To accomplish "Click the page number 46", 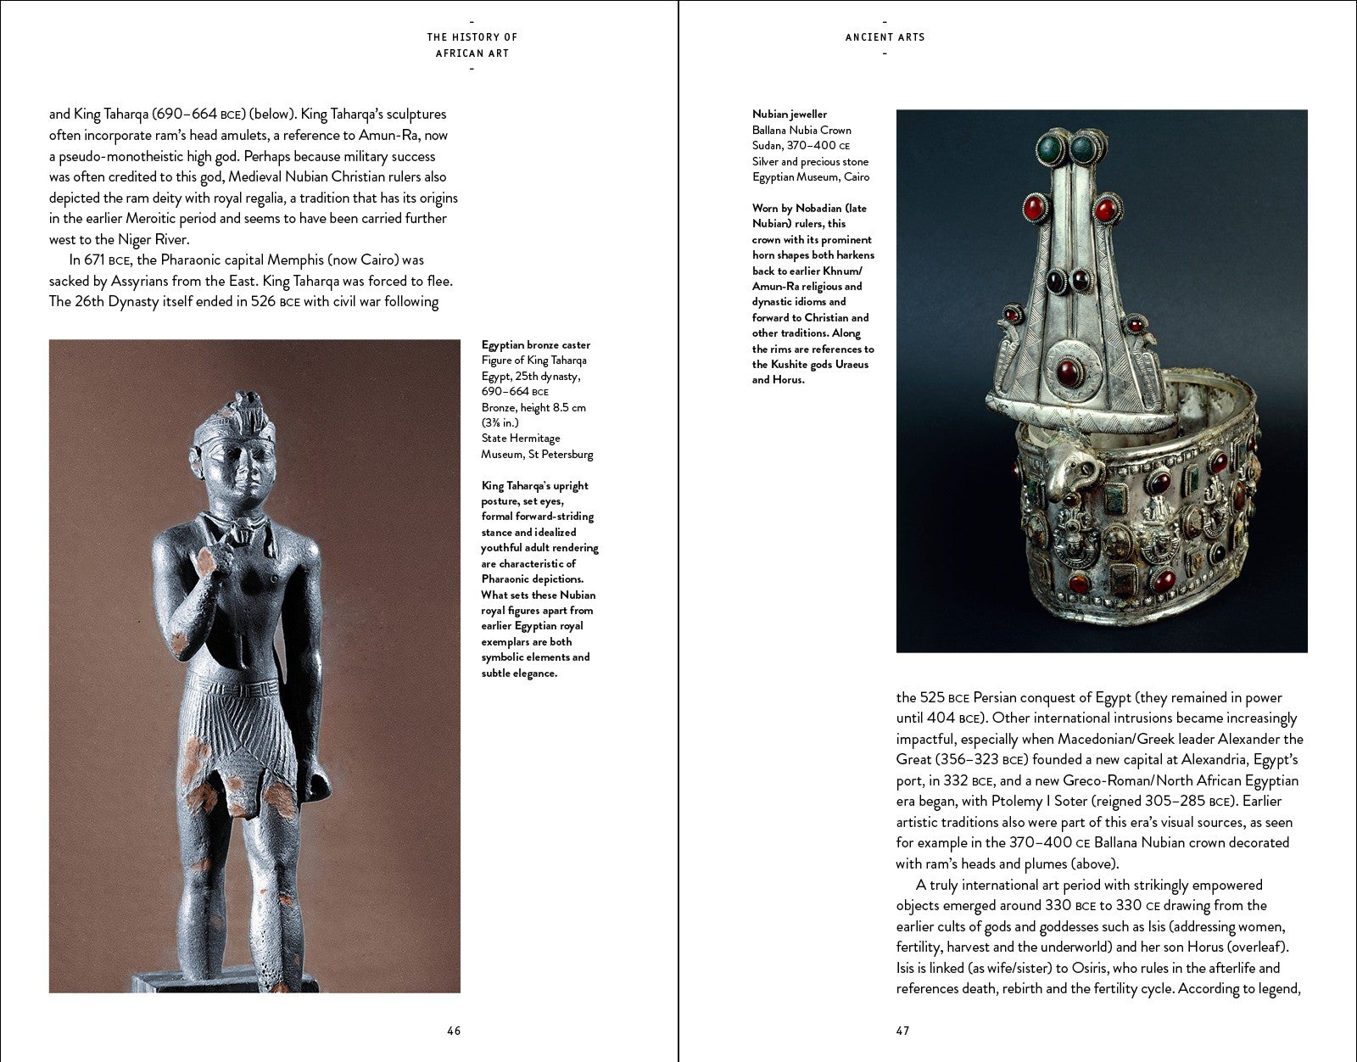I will pos(454,1031).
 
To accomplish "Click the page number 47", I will pos(902,1031).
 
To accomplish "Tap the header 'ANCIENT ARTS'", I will pos(885,37).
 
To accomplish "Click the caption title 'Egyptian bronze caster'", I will pos(535,345).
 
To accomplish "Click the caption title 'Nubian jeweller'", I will pos(789,115).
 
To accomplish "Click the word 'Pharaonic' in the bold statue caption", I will pos(510,579).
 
